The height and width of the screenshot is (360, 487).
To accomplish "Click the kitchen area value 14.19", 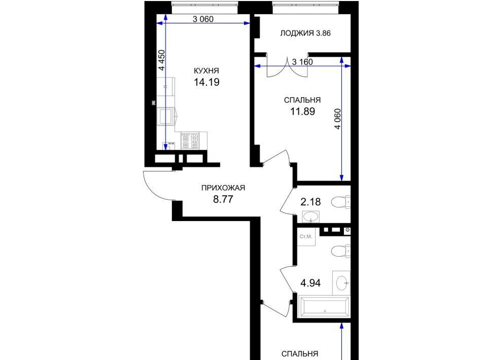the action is (206, 82).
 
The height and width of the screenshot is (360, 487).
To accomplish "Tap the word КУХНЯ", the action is (206, 71).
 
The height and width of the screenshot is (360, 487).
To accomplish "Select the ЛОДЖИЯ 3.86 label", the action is (305, 33).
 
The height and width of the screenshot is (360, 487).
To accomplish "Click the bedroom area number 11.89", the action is (302, 111).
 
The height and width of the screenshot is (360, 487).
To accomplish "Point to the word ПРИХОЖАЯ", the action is (223, 188).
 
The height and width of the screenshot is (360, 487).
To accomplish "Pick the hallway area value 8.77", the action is (223, 199).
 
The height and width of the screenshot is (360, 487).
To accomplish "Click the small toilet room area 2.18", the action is (310, 202).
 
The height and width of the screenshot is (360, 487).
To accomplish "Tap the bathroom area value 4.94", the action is (310, 283).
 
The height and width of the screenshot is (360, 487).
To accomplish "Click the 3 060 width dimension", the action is (203, 19).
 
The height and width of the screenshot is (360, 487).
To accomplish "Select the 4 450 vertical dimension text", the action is (162, 60).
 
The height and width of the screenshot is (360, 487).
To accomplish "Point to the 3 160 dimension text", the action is (302, 62).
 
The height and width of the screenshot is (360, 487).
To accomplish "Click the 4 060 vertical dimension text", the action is (338, 119).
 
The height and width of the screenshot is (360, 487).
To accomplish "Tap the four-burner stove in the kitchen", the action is (190, 140).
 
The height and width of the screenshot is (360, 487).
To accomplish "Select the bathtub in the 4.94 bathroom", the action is (324, 307).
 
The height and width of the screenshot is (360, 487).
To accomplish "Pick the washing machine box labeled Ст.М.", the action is (306, 237).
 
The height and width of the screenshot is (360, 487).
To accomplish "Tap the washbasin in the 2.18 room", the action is (310, 217).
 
